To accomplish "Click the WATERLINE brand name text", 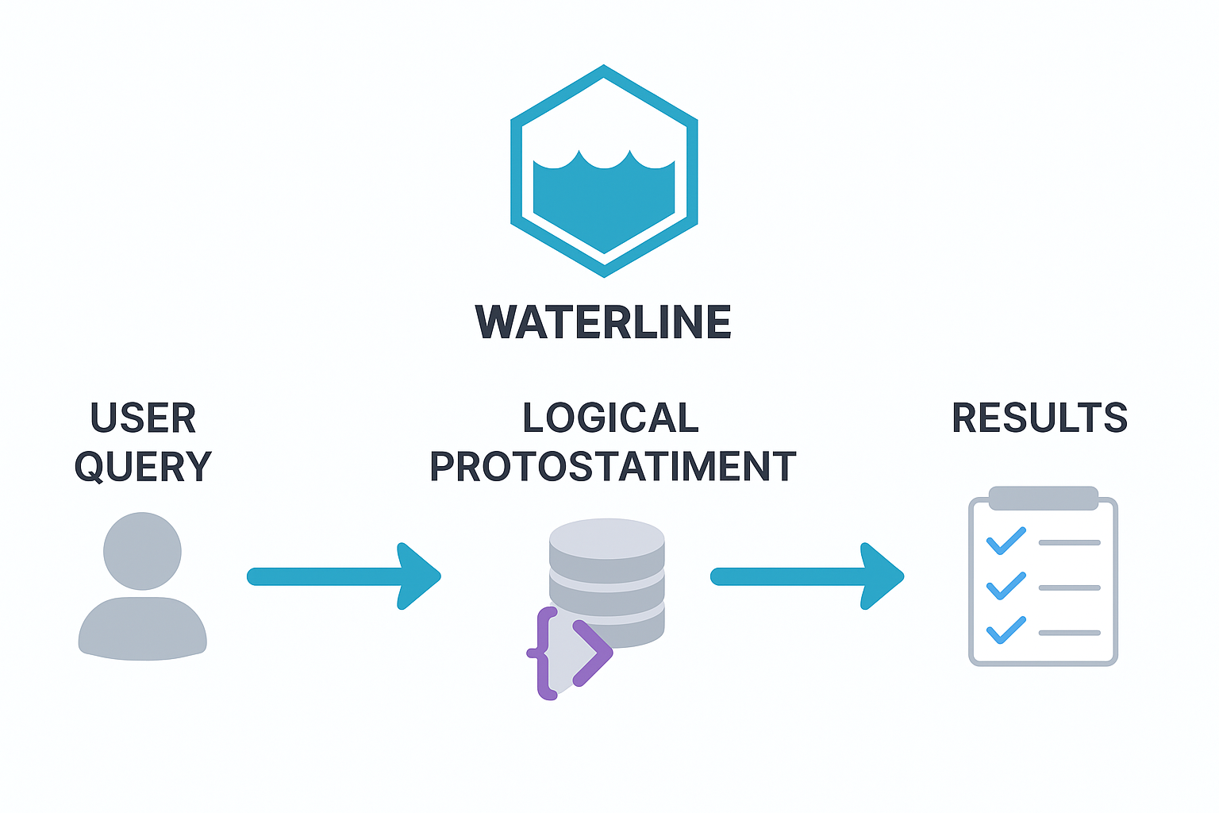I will click(603, 322).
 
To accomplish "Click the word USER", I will click(143, 418).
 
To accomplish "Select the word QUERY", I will click(143, 466).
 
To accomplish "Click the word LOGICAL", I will click(610, 418).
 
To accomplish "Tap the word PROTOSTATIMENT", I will click(613, 466).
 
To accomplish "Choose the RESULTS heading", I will click(1040, 418).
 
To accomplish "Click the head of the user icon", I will click(143, 551).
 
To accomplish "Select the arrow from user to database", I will click(341, 576).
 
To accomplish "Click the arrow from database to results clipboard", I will click(806, 576).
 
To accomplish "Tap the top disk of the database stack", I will click(607, 538).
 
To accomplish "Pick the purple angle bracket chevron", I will click(592, 653).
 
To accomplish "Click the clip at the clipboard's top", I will click(1043, 499).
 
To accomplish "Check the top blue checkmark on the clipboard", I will click(1006, 541).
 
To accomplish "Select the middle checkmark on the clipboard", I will click(1006, 586).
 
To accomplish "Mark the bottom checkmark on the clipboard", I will click(1006, 630).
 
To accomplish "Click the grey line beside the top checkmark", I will click(1069, 542).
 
